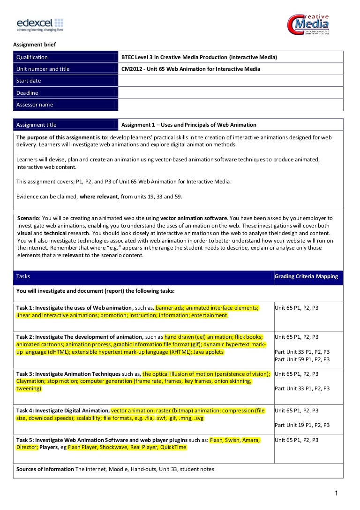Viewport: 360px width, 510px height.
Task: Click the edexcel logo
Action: coord(40,24)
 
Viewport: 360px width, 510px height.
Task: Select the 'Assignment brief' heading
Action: coord(34,45)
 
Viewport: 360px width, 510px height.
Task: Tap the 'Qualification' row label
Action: coord(32,57)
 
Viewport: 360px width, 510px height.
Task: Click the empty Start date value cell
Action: coord(231,81)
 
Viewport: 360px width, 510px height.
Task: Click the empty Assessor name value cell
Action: coord(231,105)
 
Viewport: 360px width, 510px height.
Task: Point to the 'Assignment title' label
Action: coord(36,125)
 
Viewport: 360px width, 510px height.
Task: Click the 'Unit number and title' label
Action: coord(43,69)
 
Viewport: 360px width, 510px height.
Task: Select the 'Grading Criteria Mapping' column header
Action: coord(306,276)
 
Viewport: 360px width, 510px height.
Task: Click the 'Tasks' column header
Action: coord(23,276)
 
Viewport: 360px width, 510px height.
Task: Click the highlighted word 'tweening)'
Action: coord(29,388)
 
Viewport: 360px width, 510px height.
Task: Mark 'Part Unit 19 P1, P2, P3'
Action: coord(302,425)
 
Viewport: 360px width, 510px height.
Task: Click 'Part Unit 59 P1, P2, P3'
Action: coord(302,359)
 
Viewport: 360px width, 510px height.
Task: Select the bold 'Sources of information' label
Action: coord(45,469)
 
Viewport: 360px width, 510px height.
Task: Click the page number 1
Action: coord(336,493)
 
